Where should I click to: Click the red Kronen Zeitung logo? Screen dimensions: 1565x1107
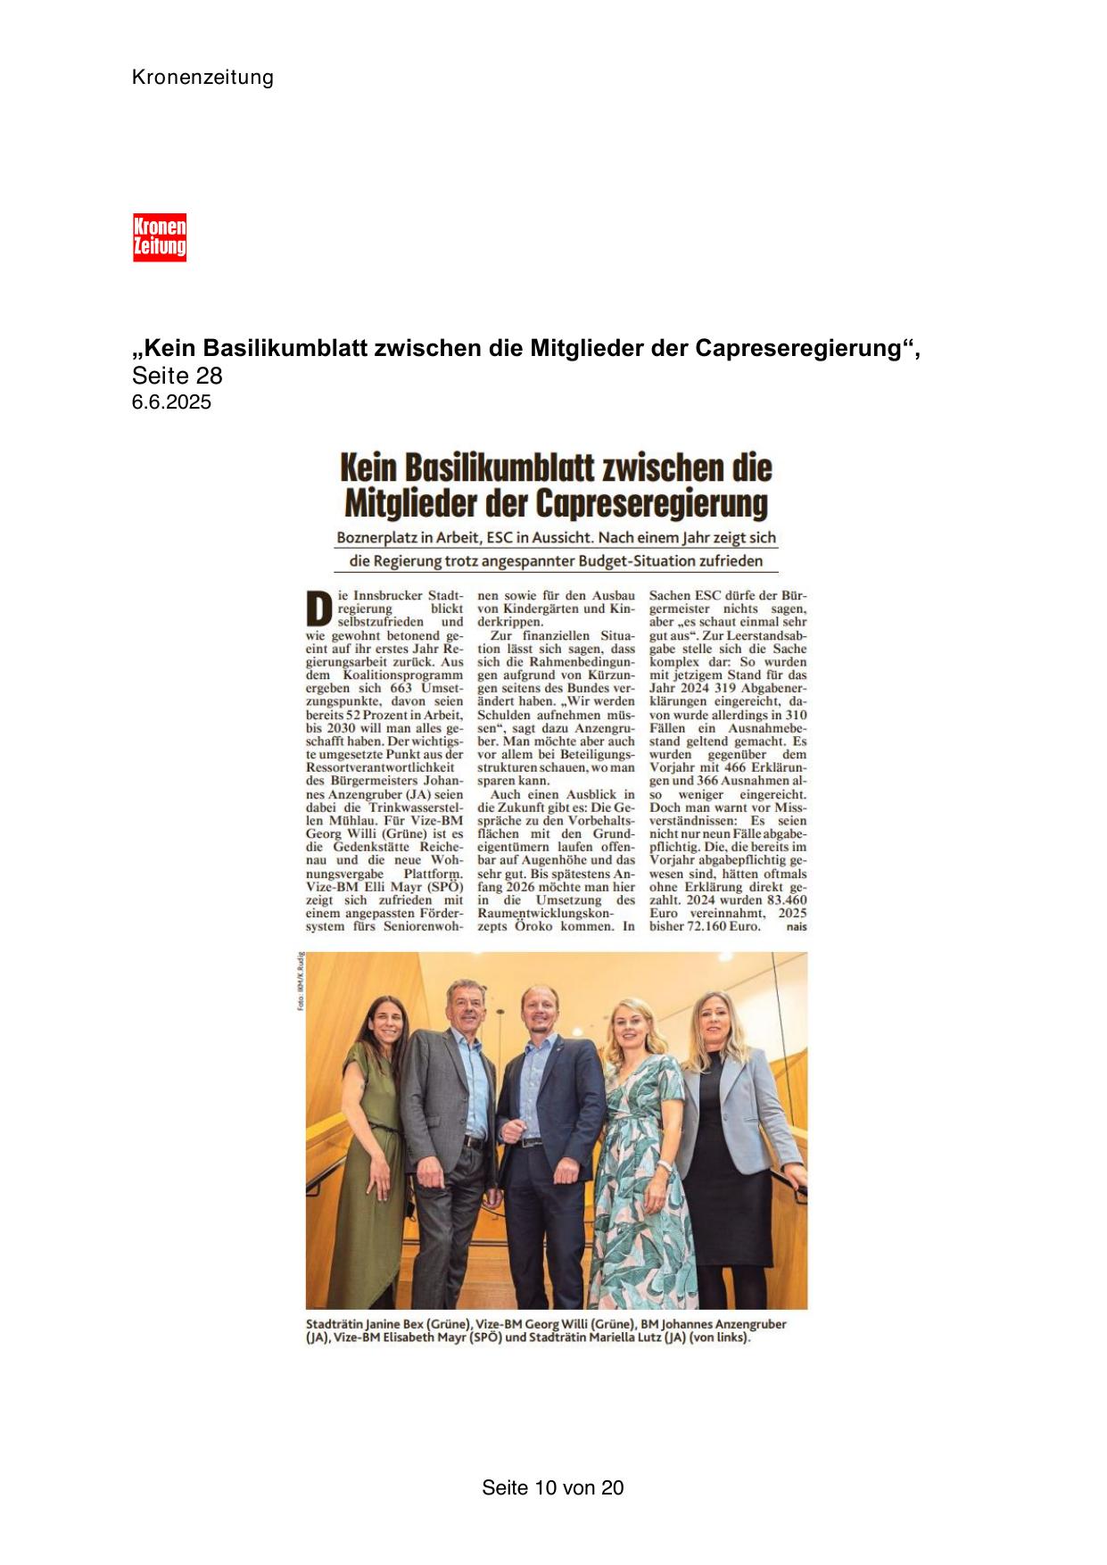click(x=160, y=237)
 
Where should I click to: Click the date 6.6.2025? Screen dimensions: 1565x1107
click(x=171, y=402)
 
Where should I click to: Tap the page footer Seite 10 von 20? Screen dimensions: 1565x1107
click(x=552, y=1487)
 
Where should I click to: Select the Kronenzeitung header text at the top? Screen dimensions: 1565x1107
click(x=202, y=78)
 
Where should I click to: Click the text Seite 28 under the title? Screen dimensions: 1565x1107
click(x=177, y=376)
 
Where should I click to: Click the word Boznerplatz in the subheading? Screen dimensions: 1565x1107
click(x=375, y=539)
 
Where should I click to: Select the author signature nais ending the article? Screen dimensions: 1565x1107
click(x=796, y=927)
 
